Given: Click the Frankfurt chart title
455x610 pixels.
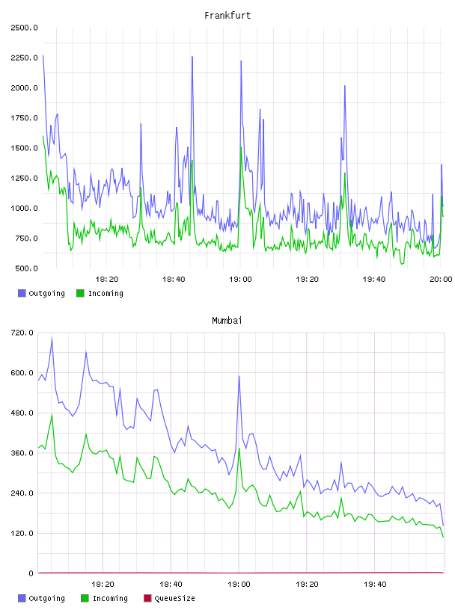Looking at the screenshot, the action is (227, 15).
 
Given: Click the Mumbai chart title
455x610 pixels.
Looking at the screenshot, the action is (227, 320).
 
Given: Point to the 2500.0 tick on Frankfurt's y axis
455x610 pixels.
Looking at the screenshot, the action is (24, 28).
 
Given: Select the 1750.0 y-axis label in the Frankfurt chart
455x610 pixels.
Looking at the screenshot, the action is (24, 118).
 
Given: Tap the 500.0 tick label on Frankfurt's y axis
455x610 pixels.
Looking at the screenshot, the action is (26, 268).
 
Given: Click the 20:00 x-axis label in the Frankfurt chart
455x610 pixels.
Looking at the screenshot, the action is (441, 279).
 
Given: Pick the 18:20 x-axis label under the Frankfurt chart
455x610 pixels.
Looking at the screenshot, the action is (107, 279).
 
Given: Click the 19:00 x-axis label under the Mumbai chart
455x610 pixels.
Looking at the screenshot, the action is (239, 584).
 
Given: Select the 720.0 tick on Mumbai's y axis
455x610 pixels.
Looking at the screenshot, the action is (22, 333).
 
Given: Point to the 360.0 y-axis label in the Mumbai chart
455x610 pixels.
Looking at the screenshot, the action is (22, 453).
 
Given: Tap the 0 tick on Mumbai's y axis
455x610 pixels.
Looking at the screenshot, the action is (31, 573).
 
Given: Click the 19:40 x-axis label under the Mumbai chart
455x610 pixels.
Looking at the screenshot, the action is (375, 584).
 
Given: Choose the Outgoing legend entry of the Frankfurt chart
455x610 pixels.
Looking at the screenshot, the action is (41, 293).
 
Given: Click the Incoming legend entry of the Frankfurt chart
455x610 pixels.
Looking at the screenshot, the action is (100, 293).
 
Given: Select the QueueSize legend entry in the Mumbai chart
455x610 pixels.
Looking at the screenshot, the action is (169, 598).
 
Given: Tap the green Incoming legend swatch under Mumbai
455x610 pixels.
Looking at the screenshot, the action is (85, 598).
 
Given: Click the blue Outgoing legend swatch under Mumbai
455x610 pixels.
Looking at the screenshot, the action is (22, 598).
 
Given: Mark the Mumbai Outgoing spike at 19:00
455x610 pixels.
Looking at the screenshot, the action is (239, 376).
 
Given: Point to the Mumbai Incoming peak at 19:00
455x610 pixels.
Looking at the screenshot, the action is (239, 449).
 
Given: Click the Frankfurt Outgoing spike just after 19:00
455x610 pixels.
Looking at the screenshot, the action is (241, 61).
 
